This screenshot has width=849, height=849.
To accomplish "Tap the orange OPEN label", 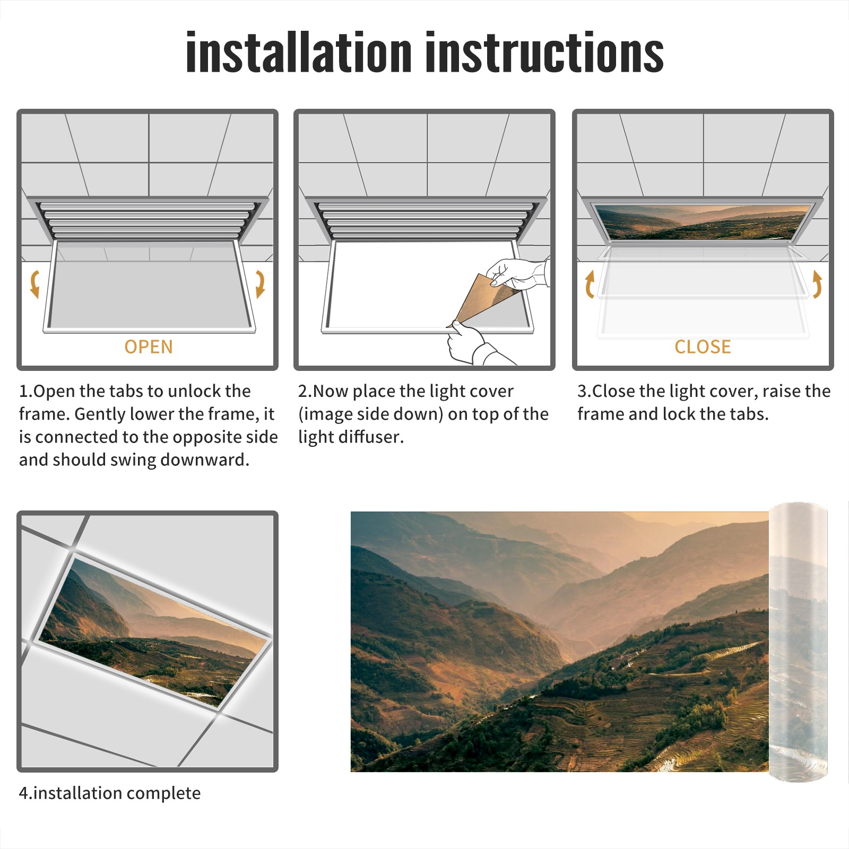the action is coord(149,347).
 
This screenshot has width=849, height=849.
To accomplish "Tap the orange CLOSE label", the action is coord(703,347).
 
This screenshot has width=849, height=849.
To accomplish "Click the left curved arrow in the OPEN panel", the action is coord(35,284).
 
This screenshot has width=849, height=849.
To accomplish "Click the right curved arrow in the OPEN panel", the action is coord(260,284).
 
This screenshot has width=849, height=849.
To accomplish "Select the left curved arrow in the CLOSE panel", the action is coord(589,284).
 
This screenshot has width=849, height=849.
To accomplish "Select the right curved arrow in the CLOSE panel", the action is coord(817,284).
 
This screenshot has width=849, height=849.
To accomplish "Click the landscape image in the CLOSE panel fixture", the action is coord(703,222).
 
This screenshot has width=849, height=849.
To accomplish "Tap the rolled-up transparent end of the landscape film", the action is coord(798,642).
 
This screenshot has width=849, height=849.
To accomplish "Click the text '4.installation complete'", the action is coord(110,793).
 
